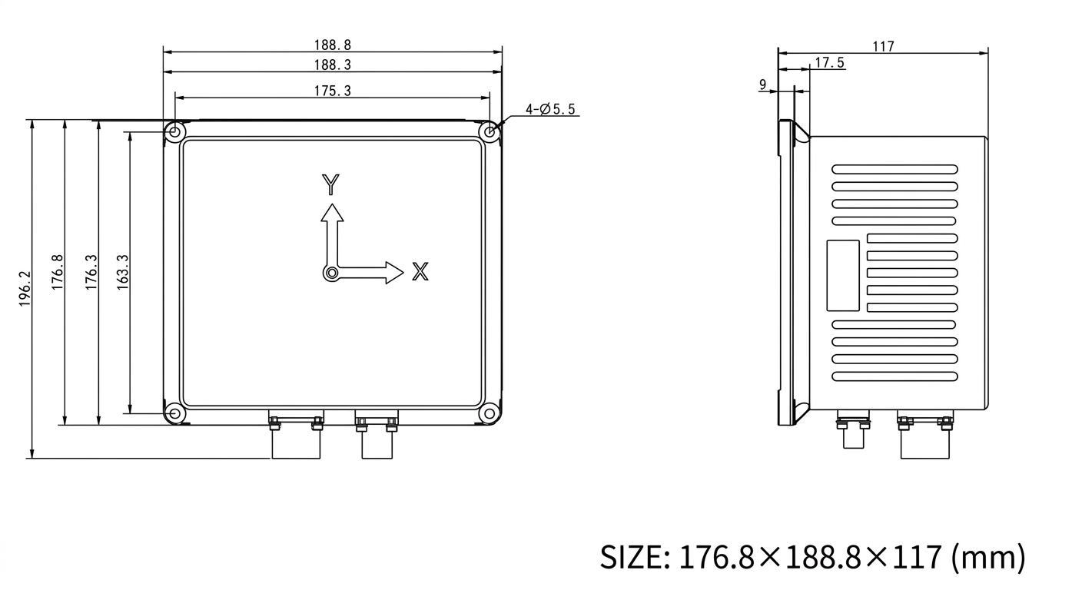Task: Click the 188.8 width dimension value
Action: click(x=332, y=45)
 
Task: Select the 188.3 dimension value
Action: click(x=332, y=65)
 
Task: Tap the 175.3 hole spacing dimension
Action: click(x=332, y=91)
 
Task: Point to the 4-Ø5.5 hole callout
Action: click(x=551, y=109)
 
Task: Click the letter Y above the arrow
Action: click(x=330, y=185)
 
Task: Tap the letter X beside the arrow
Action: click(x=420, y=271)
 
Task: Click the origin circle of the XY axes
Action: click(x=330, y=273)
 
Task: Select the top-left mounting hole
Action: click(x=175, y=132)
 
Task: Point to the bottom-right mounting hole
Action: click(x=490, y=414)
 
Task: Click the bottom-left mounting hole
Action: click(x=175, y=414)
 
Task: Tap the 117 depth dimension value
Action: click(x=883, y=47)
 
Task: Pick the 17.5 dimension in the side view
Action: click(x=829, y=63)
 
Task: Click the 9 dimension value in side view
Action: click(x=762, y=85)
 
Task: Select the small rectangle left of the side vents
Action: click(x=843, y=275)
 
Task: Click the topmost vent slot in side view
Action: click(x=895, y=169)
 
